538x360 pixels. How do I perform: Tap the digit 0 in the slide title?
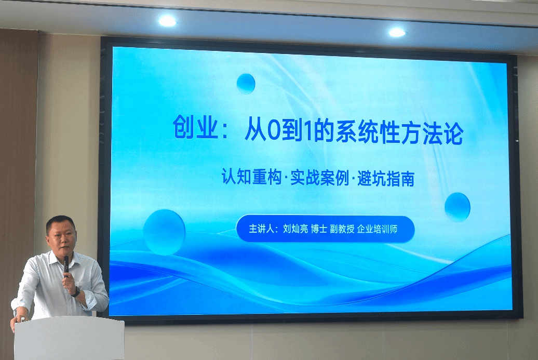point(274,130)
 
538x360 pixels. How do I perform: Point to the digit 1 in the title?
point(308,130)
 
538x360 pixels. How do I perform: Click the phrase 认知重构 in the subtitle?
point(251,177)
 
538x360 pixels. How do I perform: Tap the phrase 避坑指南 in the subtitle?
point(386,179)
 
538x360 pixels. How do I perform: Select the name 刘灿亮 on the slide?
point(295,229)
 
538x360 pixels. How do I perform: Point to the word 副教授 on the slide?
point(342,229)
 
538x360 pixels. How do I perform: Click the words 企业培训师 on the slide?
point(377,229)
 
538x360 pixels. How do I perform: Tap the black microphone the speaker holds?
point(66,266)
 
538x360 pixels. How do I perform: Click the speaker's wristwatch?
point(76,292)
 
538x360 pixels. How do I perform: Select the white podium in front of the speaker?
point(69,338)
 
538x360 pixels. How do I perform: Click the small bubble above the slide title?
point(246,84)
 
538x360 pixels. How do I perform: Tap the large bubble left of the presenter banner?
point(164,232)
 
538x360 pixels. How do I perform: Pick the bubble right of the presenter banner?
point(458,207)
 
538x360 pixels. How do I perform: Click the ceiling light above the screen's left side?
point(167,21)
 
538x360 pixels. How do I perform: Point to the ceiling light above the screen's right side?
point(397,33)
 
